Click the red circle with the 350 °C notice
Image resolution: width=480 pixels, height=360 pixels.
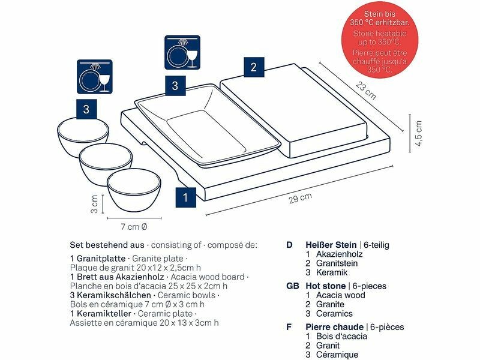[x=380, y=40]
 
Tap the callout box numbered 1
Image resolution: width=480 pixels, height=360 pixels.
[x=186, y=197]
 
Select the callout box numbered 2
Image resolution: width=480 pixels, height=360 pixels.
[x=254, y=67]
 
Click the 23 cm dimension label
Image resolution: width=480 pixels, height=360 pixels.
[x=366, y=91]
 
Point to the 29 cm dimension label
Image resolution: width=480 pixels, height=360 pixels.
[x=301, y=198]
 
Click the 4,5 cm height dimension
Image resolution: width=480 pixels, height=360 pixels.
[x=418, y=133]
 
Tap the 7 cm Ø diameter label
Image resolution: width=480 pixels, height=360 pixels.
[x=134, y=227]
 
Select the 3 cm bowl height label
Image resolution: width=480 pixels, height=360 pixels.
[x=94, y=204]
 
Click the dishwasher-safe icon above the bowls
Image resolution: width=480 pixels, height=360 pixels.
[x=95, y=77]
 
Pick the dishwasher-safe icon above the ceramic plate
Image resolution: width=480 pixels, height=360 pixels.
[x=182, y=52]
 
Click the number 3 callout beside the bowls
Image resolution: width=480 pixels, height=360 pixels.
[x=86, y=109]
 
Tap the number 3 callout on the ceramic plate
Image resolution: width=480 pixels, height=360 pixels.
[x=175, y=86]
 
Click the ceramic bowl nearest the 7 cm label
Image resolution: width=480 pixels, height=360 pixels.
[x=134, y=190]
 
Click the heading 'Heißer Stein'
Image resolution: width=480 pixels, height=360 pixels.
[x=331, y=245]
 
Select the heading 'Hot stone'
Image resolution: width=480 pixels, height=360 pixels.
[x=326, y=286]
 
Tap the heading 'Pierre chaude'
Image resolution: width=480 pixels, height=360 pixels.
[x=335, y=327]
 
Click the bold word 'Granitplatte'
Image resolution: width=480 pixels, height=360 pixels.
[x=101, y=259]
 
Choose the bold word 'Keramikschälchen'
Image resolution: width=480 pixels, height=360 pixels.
[x=114, y=295]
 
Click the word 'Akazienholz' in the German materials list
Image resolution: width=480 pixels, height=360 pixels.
[x=339, y=254]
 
